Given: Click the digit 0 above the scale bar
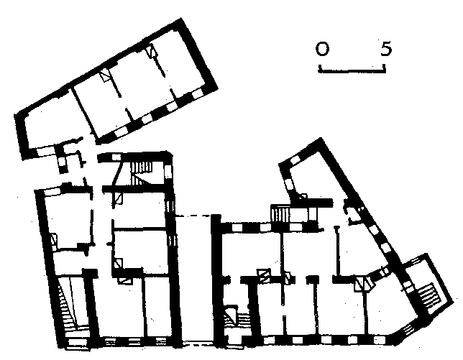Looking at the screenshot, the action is pos(322,49).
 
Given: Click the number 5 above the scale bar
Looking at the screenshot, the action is pos(386,48).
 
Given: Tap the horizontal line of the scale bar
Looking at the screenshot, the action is pos(352,71).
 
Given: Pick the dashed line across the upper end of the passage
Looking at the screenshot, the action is pos(193,216).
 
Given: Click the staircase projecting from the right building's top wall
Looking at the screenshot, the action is pos(280,214).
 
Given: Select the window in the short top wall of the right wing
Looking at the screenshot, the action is pos(295,160).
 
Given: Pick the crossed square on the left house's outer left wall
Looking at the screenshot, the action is pos(54,239).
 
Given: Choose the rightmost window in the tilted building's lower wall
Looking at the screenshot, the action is pos(197,94).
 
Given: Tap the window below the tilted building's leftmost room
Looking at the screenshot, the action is pos(45,151).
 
